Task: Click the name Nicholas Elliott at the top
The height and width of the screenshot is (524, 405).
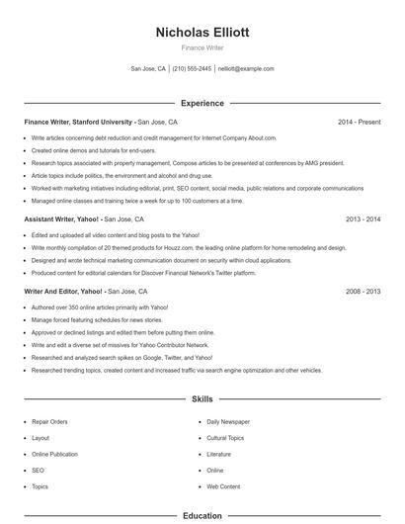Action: pyautogui.click(x=202, y=32)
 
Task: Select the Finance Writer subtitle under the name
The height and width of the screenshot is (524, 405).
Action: pyautogui.click(x=202, y=47)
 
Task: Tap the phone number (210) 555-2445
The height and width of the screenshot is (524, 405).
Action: pyautogui.click(x=192, y=69)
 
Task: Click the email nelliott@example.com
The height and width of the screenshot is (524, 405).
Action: pyautogui.click(x=246, y=69)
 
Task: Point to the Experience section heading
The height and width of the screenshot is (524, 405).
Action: pyautogui.click(x=202, y=103)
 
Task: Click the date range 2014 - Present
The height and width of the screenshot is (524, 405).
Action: pyautogui.click(x=359, y=122)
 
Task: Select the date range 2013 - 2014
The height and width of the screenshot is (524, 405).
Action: pyautogui.click(x=363, y=218)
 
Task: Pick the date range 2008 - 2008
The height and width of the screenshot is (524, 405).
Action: pyautogui.click(x=363, y=292)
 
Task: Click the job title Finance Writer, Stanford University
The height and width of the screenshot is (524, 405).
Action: pyautogui.click(x=78, y=122)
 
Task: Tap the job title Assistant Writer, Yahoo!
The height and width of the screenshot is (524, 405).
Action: pyautogui.click(x=61, y=218)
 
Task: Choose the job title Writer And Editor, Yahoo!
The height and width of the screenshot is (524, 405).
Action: pyautogui.click(x=63, y=292)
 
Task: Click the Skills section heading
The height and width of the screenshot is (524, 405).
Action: pyautogui.click(x=202, y=399)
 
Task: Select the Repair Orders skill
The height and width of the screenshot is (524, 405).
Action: pyautogui.click(x=49, y=421)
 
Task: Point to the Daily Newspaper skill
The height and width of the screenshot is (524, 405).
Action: pyautogui.click(x=228, y=421)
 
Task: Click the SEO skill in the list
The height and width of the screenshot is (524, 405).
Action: pyautogui.click(x=38, y=471)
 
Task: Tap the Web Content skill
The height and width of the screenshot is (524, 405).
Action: pyautogui.click(x=223, y=486)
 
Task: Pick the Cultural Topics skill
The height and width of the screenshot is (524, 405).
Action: pyautogui.click(x=225, y=437)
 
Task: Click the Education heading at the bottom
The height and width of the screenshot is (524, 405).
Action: pyautogui.click(x=202, y=515)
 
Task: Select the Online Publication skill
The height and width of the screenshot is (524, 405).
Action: pyautogui.click(x=54, y=454)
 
